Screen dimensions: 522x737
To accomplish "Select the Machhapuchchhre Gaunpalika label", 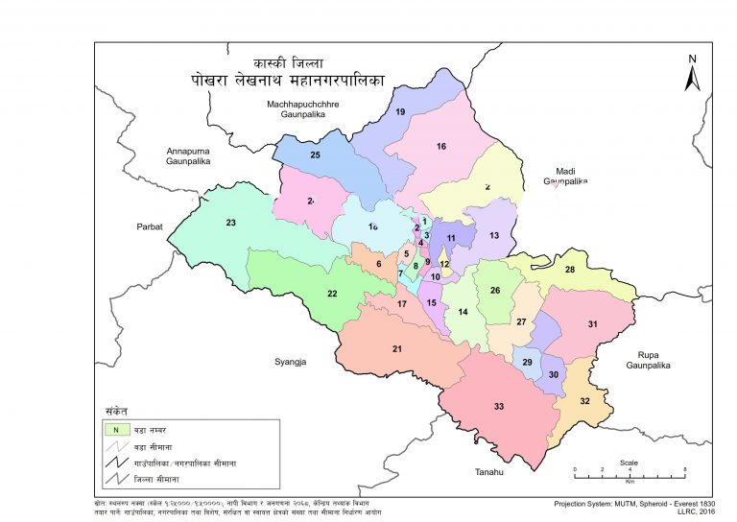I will coord(303,107).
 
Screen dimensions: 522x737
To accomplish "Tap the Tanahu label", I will coord(490,473).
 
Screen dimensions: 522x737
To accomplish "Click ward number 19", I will coord(400,113).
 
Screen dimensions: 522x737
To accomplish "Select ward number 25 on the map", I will coord(314,154).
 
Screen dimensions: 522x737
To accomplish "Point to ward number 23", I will coord(230,224).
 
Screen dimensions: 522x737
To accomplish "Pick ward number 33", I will coord(499,407).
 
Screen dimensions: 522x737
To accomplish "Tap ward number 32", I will coord(584,401).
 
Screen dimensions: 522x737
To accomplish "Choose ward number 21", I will coord(396,348).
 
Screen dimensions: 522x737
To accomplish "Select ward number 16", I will coord(441,146).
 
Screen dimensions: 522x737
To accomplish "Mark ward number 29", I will coord(527,362).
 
